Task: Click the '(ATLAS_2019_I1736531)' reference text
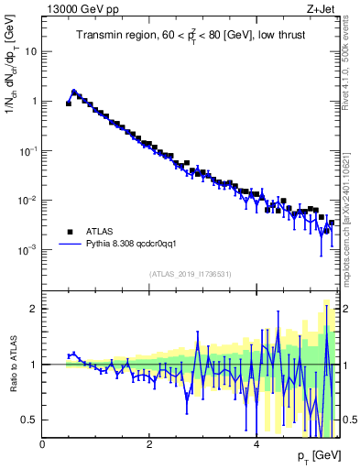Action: click(189, 274)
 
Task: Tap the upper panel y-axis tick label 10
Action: click(31, 52)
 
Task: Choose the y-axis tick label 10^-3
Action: click(29, 249)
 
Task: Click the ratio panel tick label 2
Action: click(35, 309)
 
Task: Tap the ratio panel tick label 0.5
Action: click(31, 420)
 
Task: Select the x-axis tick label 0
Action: click(43, 442)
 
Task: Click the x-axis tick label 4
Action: click(256, 442)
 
